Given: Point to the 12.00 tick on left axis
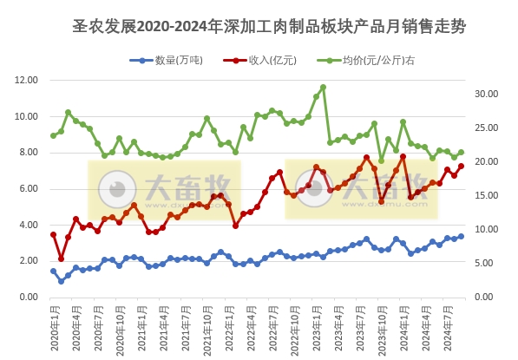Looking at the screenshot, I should point(27,80).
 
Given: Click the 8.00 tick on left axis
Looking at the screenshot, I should point(27,153).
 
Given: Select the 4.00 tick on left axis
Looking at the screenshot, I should point(27,225).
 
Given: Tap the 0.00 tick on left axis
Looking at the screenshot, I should point(27,297).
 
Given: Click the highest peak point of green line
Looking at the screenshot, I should point(323,87).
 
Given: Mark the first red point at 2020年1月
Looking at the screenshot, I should point(53,234).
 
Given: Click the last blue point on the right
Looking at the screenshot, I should point(461,236).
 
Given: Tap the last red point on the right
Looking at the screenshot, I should point(461,166).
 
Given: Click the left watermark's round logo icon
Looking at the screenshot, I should point(115,189).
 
